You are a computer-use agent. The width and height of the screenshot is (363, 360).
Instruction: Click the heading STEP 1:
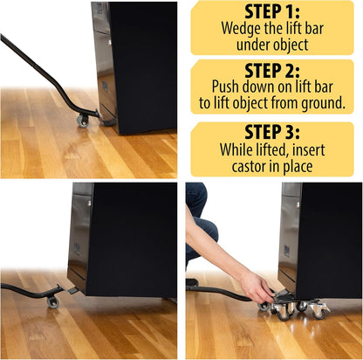[x=272, y=14]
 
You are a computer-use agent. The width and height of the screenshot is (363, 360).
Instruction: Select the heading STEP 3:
[x=272, y=131]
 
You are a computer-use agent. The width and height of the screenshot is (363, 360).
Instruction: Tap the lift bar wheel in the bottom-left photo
[x=53, y=301]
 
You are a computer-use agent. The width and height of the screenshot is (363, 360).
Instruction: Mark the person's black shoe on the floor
[x=192, y=283]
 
